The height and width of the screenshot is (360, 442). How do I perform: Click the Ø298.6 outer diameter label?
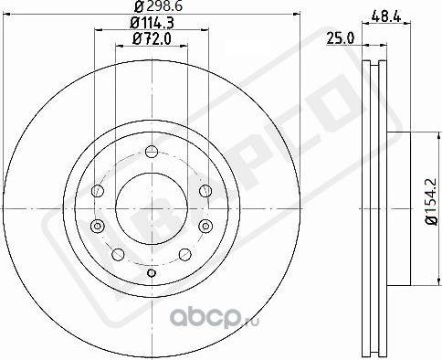(x=152, y=7)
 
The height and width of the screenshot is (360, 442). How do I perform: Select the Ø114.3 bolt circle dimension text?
(x=152, y=23)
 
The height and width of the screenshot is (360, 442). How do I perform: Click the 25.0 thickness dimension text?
(x=341, y=39)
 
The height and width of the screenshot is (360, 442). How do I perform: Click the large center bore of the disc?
(x=153, y=190)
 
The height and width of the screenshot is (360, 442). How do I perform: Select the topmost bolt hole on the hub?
(x=153, y=151)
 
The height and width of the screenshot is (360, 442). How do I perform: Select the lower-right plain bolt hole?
(x=184, y=253)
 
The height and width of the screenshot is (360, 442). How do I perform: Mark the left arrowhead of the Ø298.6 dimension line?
(x=8, y=15)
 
